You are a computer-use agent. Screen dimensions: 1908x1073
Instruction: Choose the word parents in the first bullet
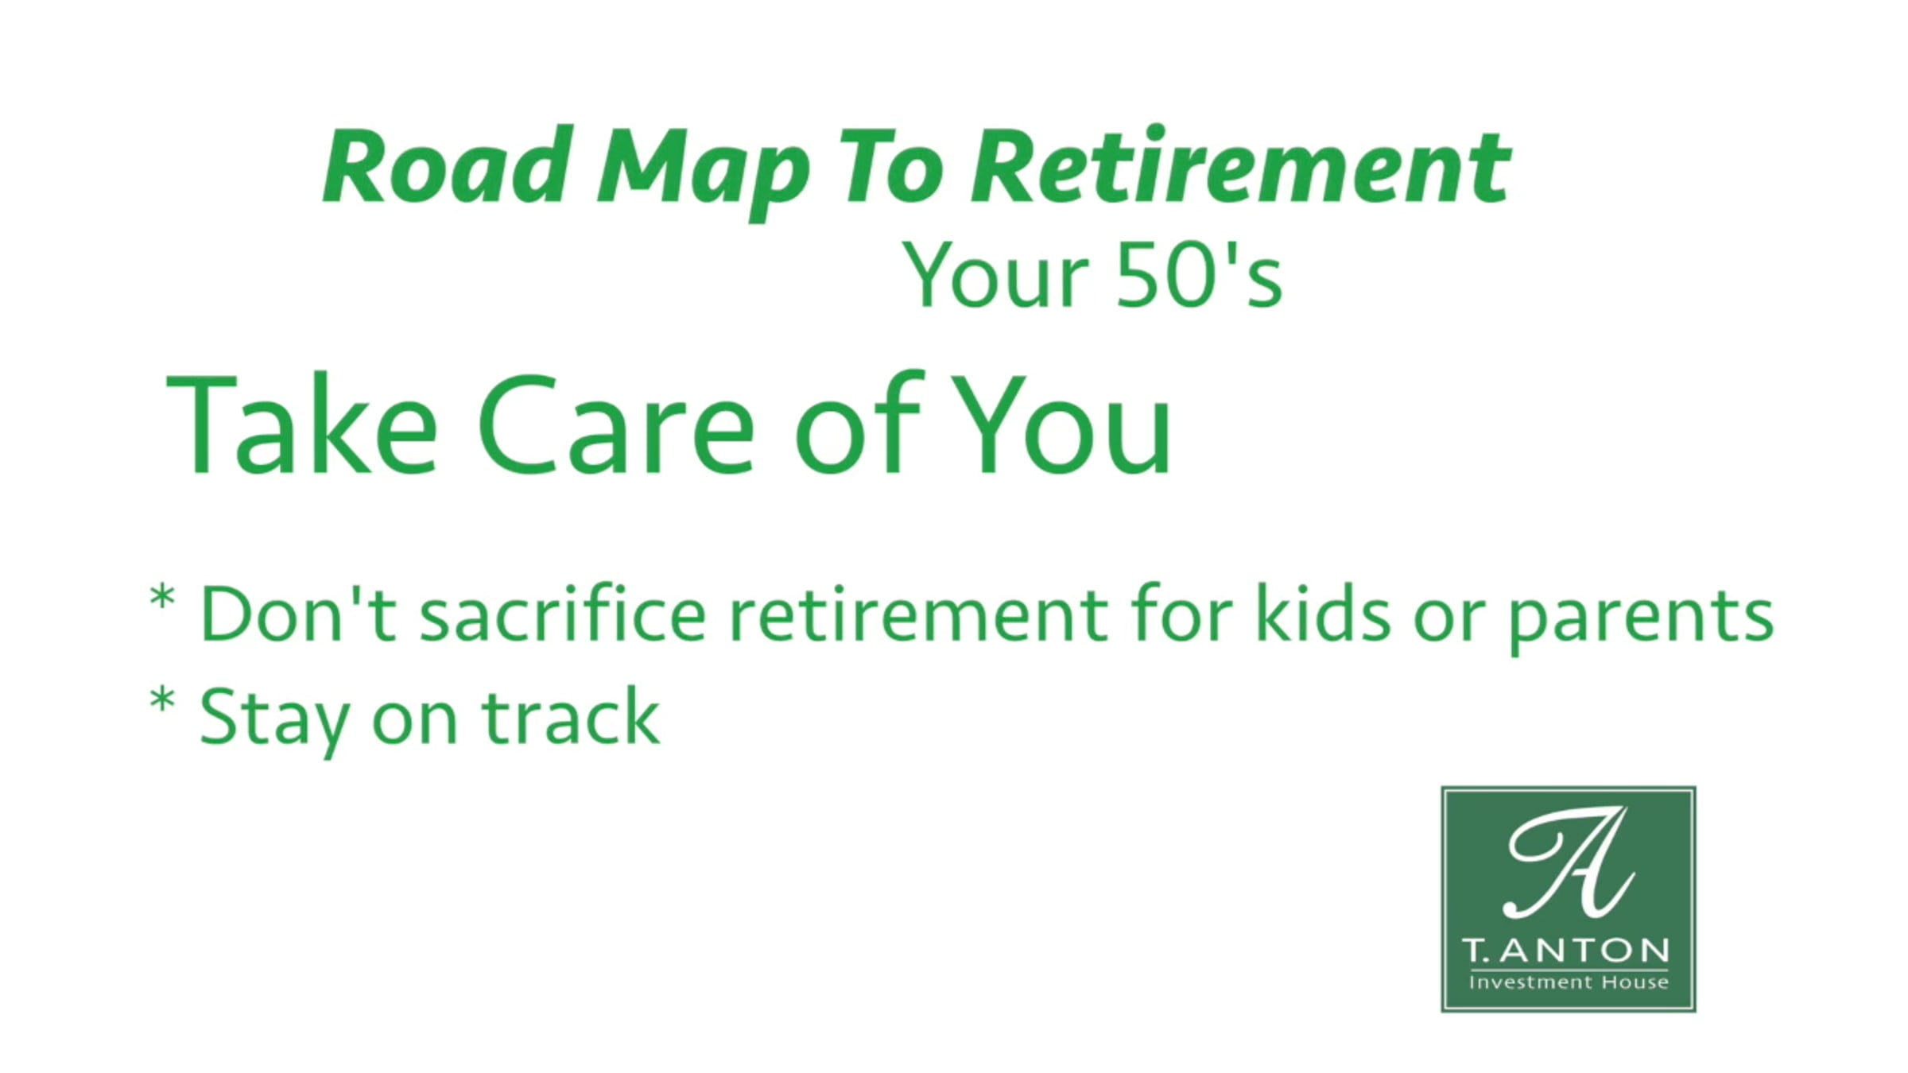tap(1641, 620)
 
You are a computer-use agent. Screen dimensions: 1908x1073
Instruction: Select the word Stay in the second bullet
tap(274, 719)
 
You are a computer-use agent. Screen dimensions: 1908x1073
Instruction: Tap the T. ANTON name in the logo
tap(1566, 950)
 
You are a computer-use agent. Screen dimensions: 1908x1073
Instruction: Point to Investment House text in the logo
tap(1569, 982)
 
